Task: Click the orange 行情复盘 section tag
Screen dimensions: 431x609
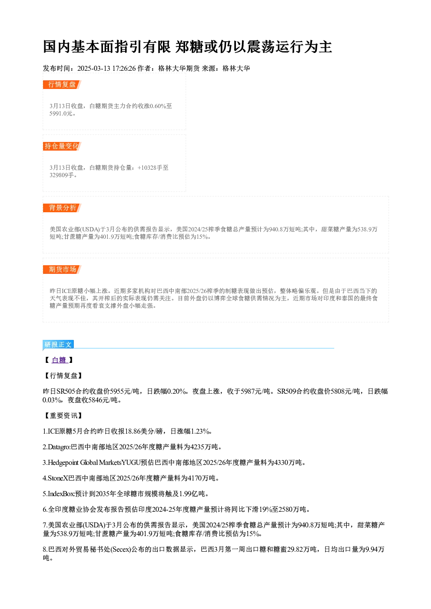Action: [62, 85]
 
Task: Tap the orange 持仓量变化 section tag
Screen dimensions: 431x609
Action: [62, 146]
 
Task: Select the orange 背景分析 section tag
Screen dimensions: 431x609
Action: [62, 208]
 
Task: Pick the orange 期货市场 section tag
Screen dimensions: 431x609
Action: [62, 270]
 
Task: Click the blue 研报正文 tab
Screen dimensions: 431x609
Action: [58, 345]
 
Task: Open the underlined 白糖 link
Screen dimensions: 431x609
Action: [60, 360]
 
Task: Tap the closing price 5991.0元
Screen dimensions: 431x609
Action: [61, 114]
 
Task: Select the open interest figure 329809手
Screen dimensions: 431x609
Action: [62, 175]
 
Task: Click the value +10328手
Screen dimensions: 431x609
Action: [149, 168]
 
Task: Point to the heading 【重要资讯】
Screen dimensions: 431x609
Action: [63, 416]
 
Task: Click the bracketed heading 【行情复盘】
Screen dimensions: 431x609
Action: [63, 376]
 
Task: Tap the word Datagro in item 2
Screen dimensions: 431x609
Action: [59, 447]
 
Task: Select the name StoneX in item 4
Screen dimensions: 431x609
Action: [58, 478]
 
